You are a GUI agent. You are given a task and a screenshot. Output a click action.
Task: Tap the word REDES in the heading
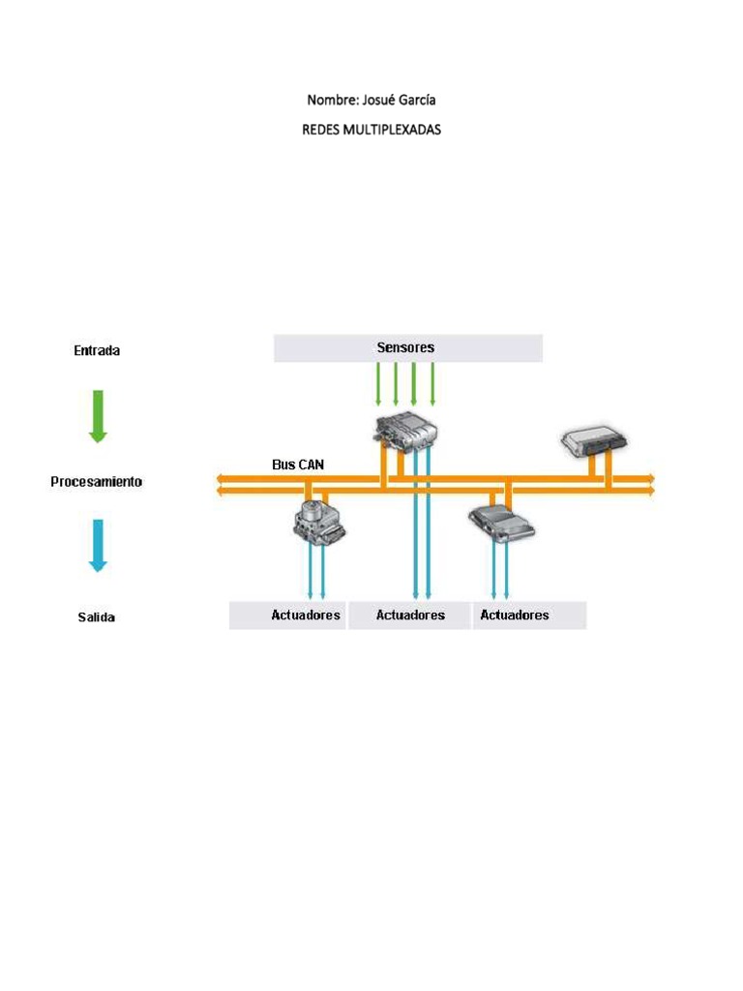(x=321, y=130)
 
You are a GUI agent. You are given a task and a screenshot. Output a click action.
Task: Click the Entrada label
(x=97, y=351)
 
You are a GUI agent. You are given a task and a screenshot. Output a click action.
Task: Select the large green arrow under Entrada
(x=97, y=415)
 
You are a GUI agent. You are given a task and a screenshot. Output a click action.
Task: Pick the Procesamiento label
(x=97, y=481)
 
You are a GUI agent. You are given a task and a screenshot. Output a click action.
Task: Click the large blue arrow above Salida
(x=97, y=545)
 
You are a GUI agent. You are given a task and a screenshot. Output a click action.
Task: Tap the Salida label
(x=97, y=616)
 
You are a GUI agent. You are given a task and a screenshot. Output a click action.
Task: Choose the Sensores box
(x=407, y=347)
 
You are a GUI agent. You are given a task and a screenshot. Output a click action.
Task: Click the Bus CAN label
(x=298, y=465)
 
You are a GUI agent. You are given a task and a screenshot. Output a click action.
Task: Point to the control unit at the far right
(x=594, y=441)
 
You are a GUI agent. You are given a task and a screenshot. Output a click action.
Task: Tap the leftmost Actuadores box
(x=287, y=616)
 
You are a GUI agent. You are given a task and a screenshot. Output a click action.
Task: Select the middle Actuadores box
(x=410, y=616)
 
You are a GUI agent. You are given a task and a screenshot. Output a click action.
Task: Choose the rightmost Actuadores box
(x=529, y=616)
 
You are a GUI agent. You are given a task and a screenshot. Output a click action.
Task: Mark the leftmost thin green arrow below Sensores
(x=378, y=383)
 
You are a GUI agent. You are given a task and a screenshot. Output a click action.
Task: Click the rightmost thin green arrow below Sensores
(x=432, y=383)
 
